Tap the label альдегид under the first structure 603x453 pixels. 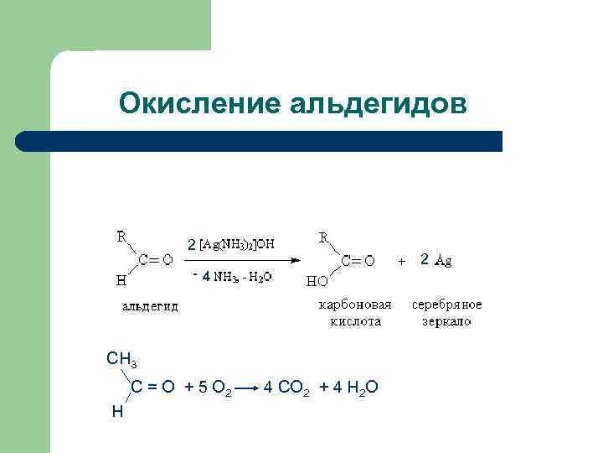150,306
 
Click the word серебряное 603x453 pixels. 446,305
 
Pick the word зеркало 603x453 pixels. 446,320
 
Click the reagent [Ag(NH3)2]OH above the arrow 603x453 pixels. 236,244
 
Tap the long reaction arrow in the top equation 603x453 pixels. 243,260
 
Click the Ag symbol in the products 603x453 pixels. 443,261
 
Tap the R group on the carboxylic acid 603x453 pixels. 323,238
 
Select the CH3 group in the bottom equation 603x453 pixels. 122,360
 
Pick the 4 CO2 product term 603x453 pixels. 287,387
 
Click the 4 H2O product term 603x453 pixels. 355,387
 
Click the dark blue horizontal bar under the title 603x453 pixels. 260,141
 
